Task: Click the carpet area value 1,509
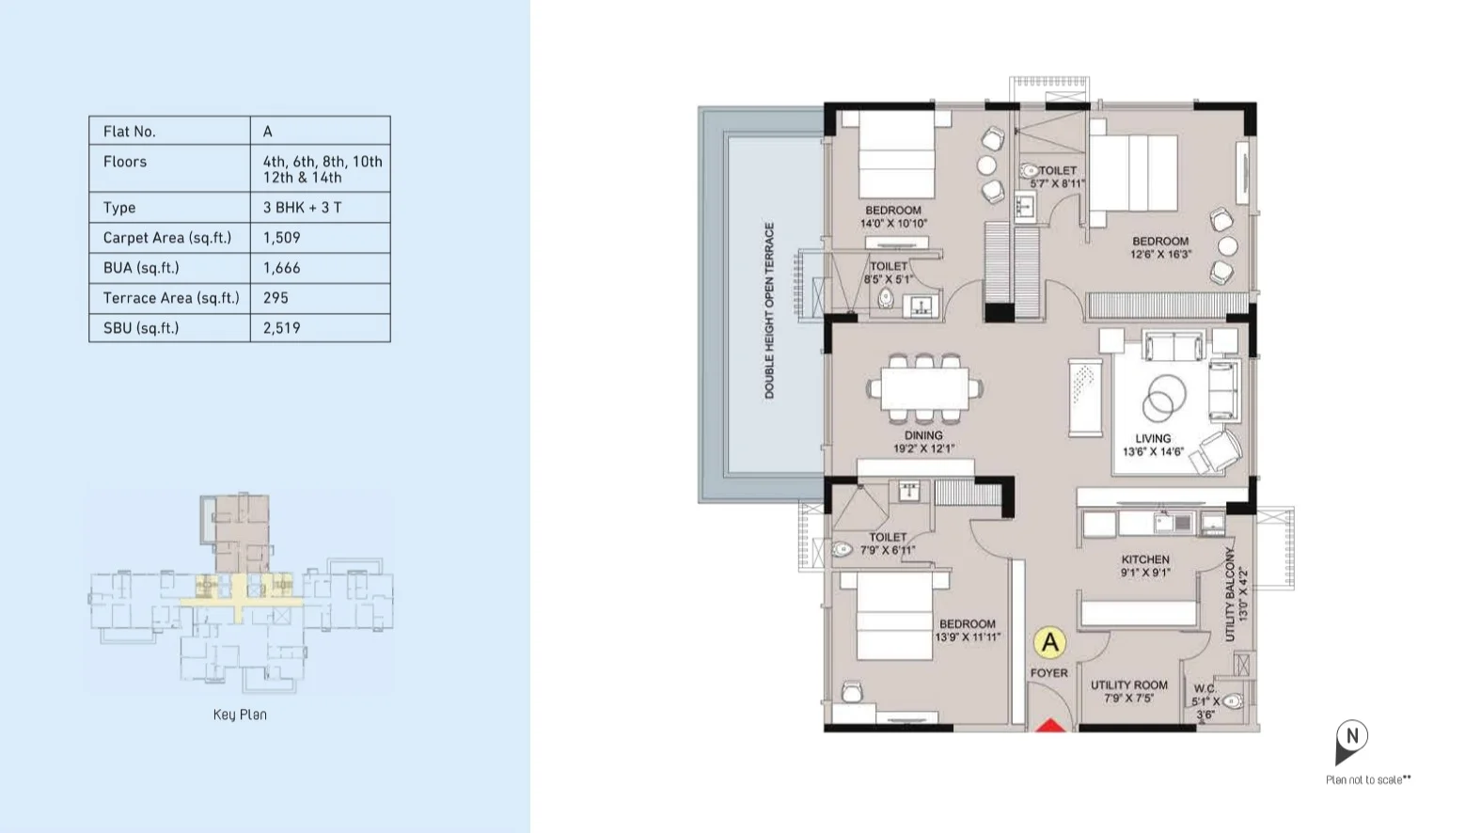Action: [282, 238]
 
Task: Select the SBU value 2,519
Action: [282, 328]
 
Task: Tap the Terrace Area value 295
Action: [276, 298]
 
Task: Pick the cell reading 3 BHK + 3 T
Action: [302, 208]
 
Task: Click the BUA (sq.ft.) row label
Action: [141, 268]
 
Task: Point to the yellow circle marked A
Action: [1050, 642]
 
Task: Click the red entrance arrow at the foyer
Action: [1050, 725]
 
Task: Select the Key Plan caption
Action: [240, 715]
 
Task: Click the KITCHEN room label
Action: [1145, 559]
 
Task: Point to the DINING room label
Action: [923, 435]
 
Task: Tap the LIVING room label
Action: [1153, 438]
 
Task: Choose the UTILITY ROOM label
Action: [1129, 684]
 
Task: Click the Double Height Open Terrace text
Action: [769, 310]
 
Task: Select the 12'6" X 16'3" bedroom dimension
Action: [1160, 254]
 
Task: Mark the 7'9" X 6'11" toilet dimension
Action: [888, 550]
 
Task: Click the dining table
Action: [924, 388]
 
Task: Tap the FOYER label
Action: [1049, 673]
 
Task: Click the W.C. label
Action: [1205, 688]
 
